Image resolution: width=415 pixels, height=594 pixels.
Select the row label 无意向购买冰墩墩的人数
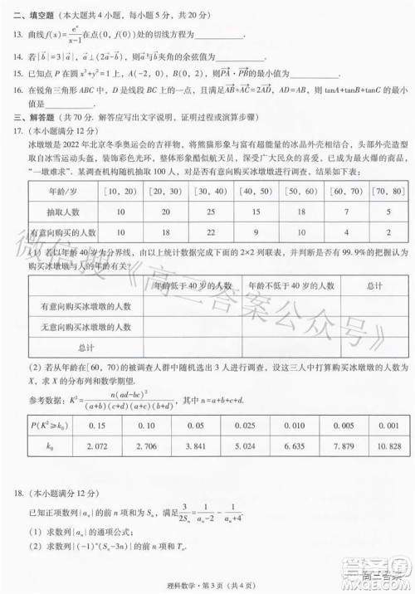tap(86, 327)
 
